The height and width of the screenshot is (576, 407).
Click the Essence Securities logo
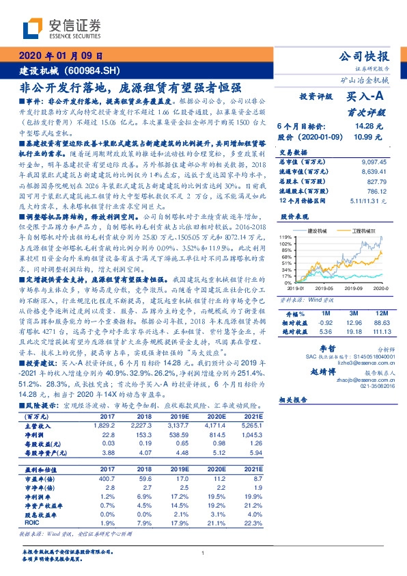tap(61, 30)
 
